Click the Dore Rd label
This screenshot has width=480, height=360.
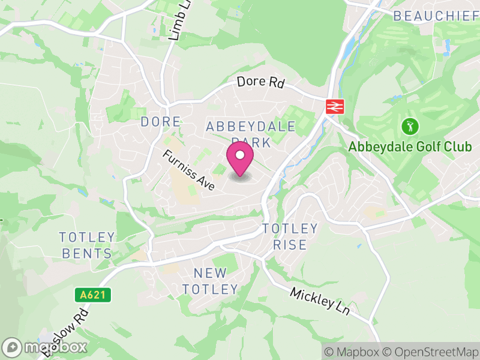click(260, 83)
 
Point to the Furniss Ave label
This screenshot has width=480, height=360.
click(188, 170)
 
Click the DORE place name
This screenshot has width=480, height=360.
click(160, 122)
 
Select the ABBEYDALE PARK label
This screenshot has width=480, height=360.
click(251, 134)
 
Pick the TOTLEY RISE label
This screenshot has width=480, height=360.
click(290, 236)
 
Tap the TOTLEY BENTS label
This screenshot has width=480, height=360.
click(87, 245)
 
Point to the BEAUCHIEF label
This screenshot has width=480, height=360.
click(433, 16)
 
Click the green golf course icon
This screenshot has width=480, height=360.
click(410, 127)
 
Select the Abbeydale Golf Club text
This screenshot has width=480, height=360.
click(410, 147)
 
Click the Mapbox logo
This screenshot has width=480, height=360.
click(45, 347)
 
